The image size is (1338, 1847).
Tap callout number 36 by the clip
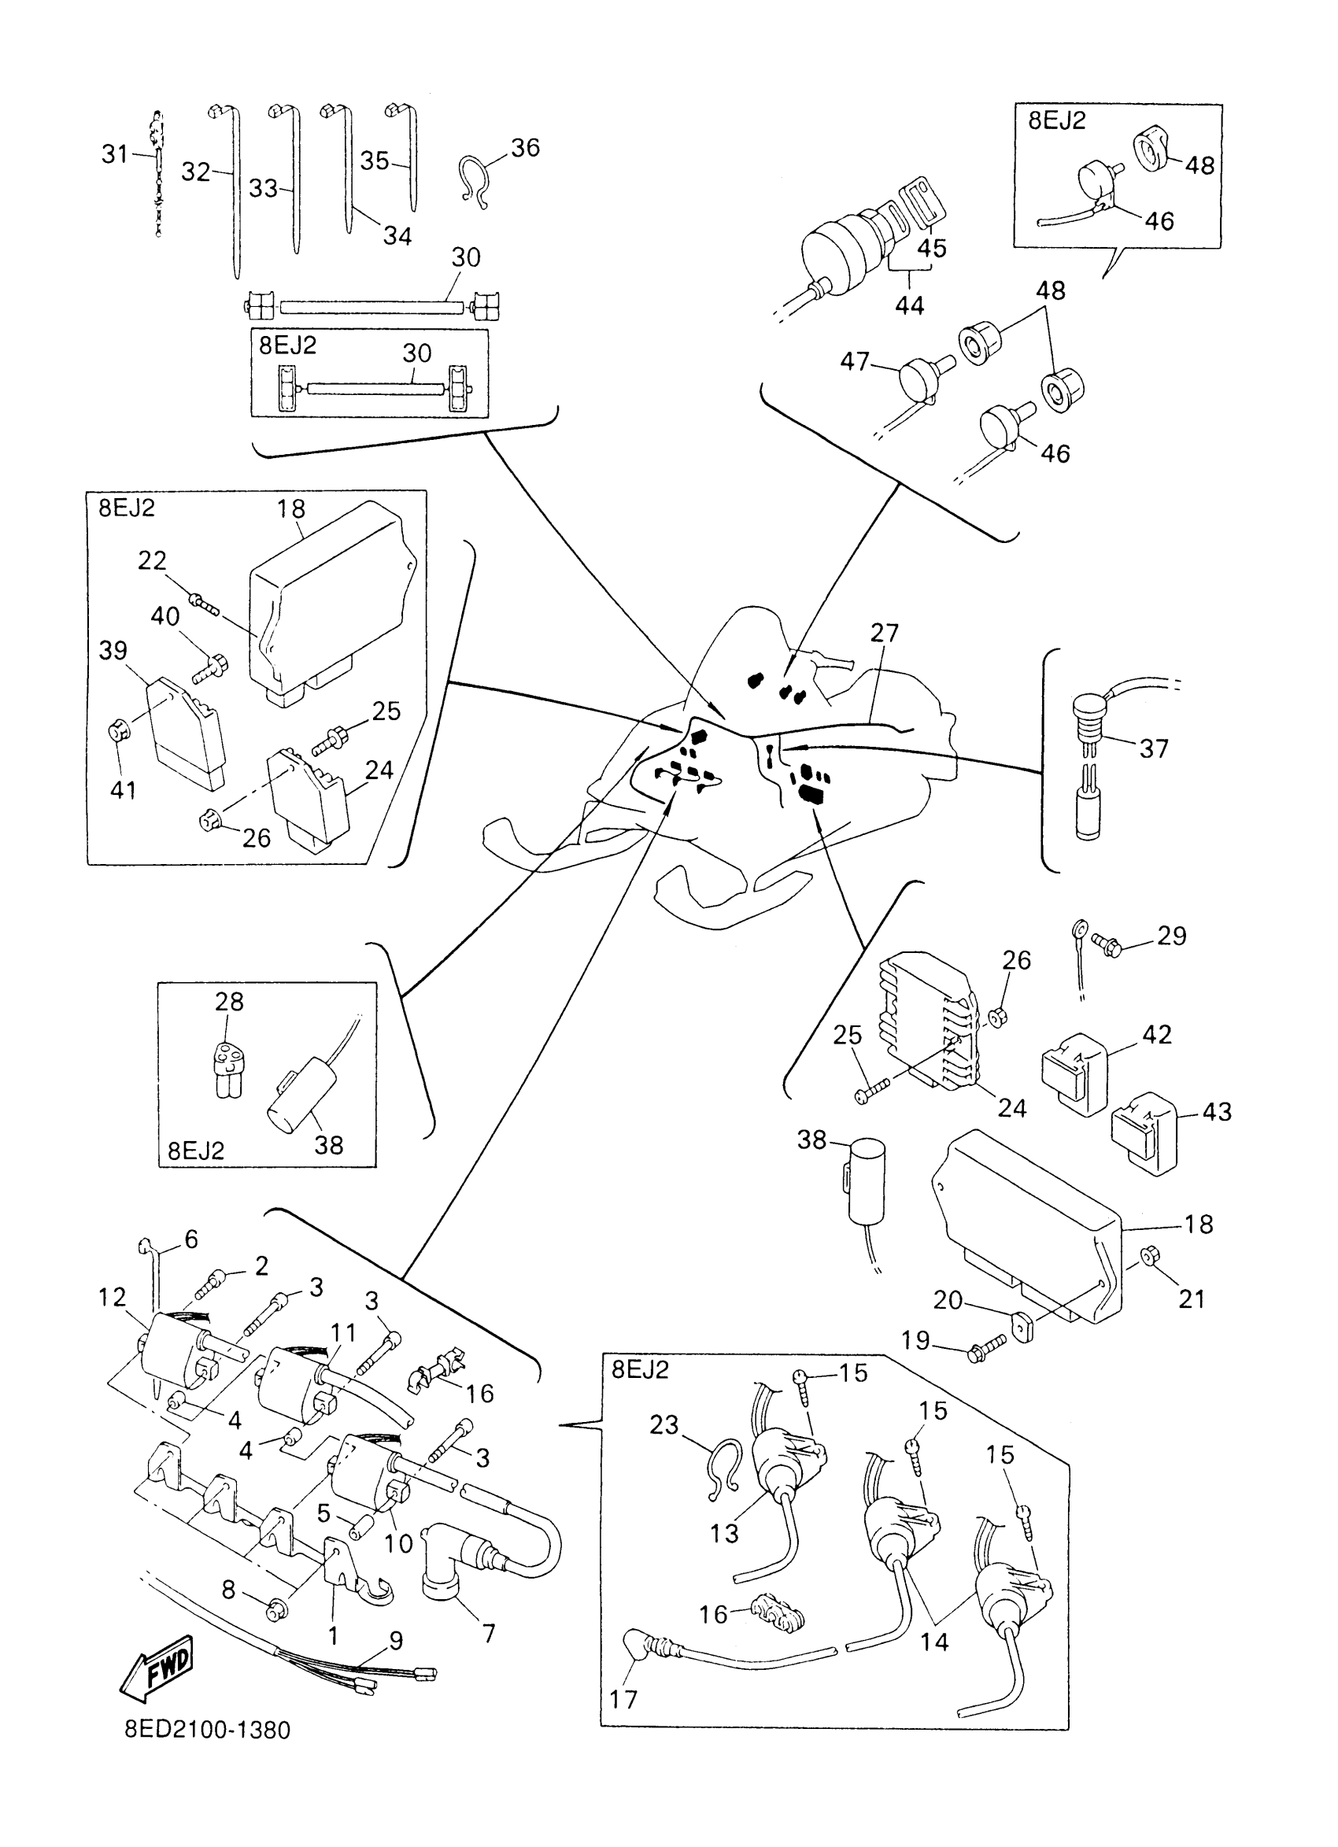[x=525, y=147]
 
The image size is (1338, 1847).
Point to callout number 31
[x=115, y=153]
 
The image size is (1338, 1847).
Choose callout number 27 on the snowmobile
[x=885, y=633]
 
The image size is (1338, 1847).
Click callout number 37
[x=1154, y=748]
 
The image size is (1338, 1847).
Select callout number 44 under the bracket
[x=910, y=305]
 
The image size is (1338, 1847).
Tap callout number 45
[x=933, y=248]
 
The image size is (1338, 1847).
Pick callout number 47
[x=855, y=360]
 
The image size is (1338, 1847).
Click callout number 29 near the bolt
[x=1172, y=936]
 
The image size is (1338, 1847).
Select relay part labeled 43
[x=1144, y=1132]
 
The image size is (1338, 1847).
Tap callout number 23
[x=663, y=1424]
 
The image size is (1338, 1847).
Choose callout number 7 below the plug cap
[x=489, y=1634]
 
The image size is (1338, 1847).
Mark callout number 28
[x=229, y=1001]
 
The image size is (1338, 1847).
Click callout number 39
[x=113, y=651]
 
